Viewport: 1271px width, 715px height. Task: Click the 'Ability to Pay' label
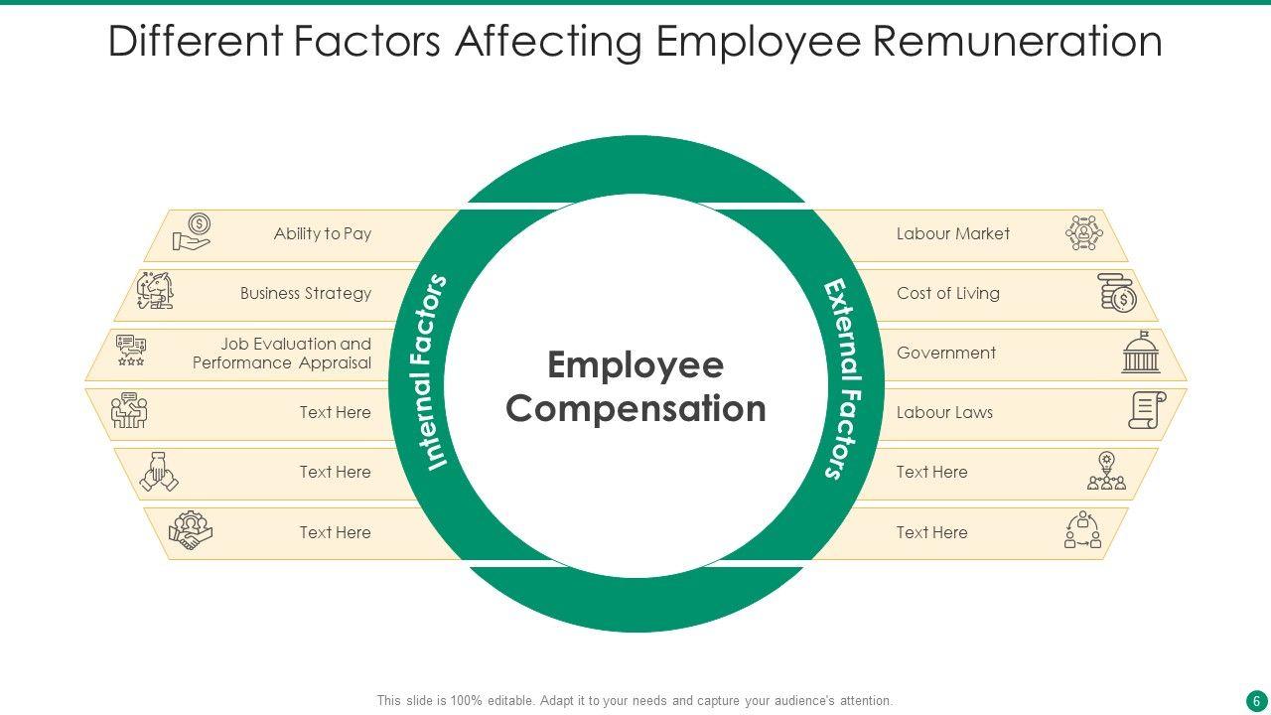[322, 234]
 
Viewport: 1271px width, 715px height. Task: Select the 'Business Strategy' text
[305, 294]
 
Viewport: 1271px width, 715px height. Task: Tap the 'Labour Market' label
[952, 234]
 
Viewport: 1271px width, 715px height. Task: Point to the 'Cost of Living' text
[947, 294]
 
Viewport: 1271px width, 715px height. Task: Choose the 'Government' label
[945, 354]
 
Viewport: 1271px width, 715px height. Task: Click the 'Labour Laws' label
[944, 413]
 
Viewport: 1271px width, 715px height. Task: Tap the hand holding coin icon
[192, 233]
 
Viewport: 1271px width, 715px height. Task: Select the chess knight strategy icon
[156, 292]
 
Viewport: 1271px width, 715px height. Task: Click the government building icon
[1141, 353]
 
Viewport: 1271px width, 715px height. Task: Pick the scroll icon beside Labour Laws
[1146, 410]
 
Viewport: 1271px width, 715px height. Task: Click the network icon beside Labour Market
[1083, 233]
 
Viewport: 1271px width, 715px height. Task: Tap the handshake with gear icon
[190, 531]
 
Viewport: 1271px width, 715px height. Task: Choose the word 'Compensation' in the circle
[635, 409]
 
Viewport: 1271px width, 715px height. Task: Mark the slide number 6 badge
[1256, 700]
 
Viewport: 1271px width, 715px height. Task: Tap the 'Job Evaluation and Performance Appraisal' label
[282, 354]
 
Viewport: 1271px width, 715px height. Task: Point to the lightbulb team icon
[1106, 472]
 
